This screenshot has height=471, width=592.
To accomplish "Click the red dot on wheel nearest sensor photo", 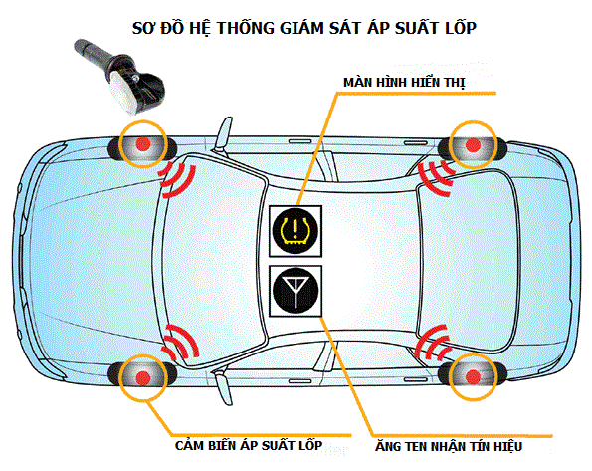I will (x=141, y=144).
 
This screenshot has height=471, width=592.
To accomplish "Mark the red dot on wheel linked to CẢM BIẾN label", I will (x=141, y=376).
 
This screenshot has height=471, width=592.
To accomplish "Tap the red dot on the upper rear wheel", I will (x=471, y=144).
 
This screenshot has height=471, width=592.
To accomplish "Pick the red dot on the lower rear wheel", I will (x=471, y=375).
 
